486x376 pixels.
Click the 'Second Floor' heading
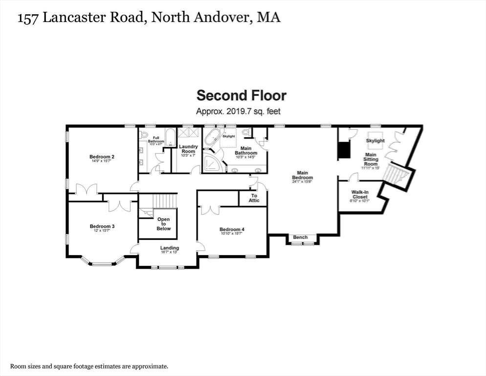click(241, 95)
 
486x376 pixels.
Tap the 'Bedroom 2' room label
click(102, 157)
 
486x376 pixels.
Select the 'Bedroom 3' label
click(102, 226)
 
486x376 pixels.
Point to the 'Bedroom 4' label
click(232, 230)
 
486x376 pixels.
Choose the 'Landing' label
click(170, 248)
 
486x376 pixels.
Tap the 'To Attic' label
click(254, 198)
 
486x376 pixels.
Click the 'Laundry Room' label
click(188, 149)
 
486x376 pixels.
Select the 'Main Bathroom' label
click(245, 150)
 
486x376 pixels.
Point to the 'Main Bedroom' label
click(303, 175)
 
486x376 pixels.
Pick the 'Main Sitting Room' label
click(370, 160)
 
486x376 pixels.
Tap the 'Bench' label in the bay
click(300, 237)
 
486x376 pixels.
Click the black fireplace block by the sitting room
click(345, 150)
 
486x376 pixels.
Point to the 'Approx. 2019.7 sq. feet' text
click(238, 111)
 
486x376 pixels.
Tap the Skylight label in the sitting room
click(376, 141)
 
